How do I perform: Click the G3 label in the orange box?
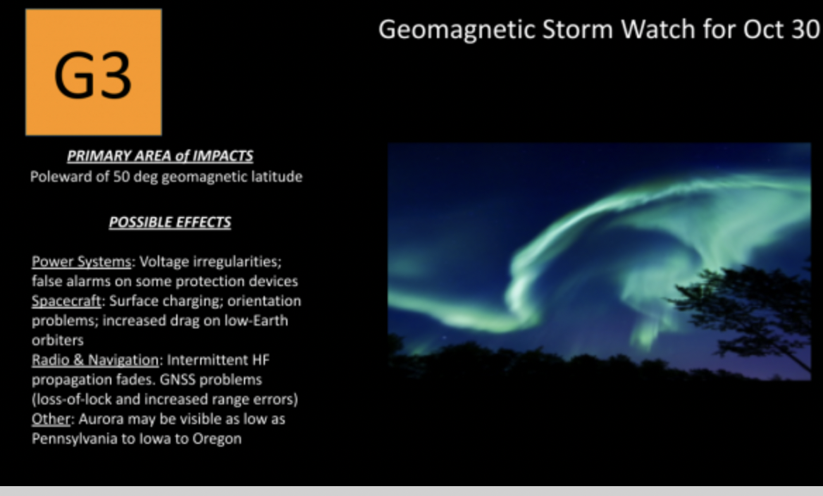point(92,75)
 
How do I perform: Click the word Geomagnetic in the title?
point(457,30)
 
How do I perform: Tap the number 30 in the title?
point(805,29)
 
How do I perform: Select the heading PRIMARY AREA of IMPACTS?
point(160,156)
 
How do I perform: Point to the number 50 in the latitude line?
point(121,176)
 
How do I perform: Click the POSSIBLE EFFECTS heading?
point(170,222)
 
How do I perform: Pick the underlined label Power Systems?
point(81,261)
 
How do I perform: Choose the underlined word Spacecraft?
point(66,302)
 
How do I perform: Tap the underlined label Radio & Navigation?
point(95,360)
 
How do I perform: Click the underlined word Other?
point(51,418)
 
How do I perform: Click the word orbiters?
point(58,340)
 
